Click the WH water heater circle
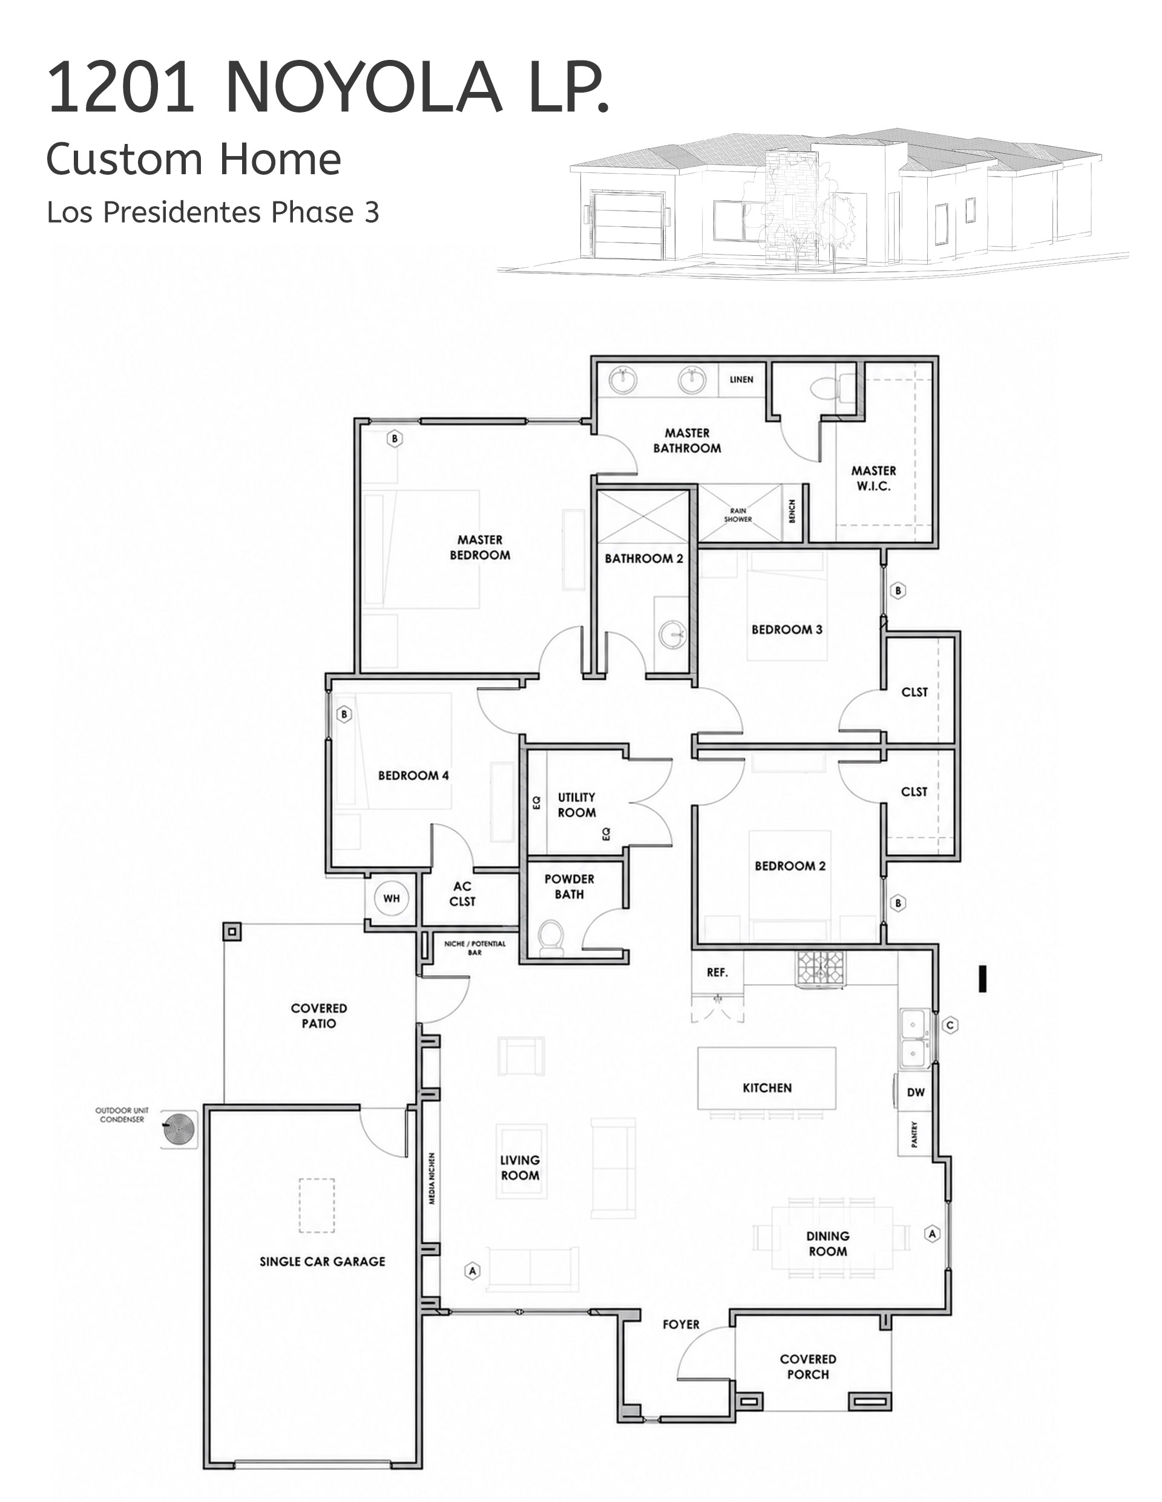(391, 898)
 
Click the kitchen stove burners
(820, 968)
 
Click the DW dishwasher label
(916, 1092)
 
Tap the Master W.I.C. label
(874, 478)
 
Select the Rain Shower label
(738, 515)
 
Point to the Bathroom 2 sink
(672, 633)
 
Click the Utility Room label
(577, 805)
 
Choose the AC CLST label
(462, 893)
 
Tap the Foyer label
(680, 1324)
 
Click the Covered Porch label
(808, 1366)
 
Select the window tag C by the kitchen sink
(950, 1025)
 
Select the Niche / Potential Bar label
(474, 948)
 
